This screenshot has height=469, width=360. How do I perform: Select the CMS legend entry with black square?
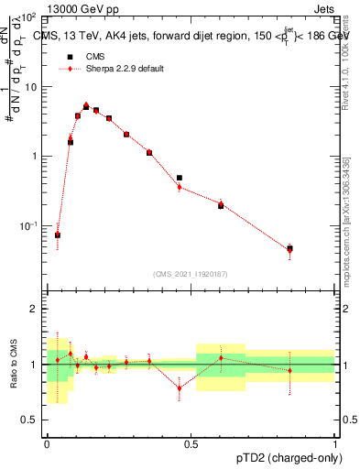point(83,57)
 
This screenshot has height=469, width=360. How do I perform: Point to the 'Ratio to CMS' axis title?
point(14,364)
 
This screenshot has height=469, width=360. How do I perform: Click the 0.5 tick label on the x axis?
point(191,444)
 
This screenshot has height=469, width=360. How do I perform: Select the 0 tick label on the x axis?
point(47,444)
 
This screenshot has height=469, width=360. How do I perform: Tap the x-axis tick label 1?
point(334,444)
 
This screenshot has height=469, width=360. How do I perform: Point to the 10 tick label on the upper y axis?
point(31,87)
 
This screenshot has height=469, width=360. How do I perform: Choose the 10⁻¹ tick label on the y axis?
point(29,225)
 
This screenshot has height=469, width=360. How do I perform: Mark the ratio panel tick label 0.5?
point(31,420)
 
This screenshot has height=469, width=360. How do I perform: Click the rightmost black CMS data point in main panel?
point(289,248)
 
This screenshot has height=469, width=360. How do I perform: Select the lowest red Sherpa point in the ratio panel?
point(180,388)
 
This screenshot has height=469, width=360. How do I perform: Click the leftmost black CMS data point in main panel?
point(58,235)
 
